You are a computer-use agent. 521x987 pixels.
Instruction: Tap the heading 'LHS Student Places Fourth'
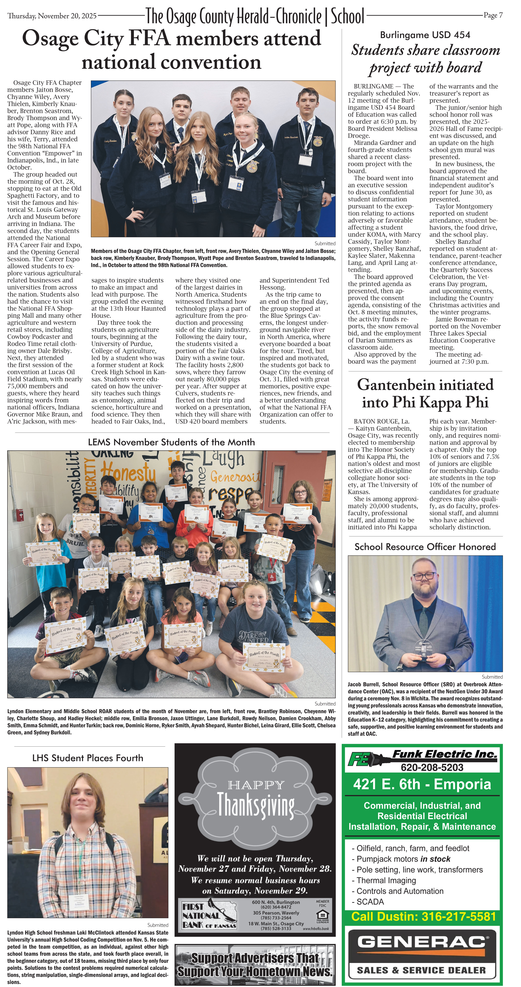pos(88,758)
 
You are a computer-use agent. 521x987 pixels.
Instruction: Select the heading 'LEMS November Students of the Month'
pos(171,442)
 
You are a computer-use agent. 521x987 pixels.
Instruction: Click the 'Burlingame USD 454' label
pos(425,35)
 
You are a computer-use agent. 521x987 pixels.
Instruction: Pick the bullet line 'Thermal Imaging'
pos(386,880)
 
